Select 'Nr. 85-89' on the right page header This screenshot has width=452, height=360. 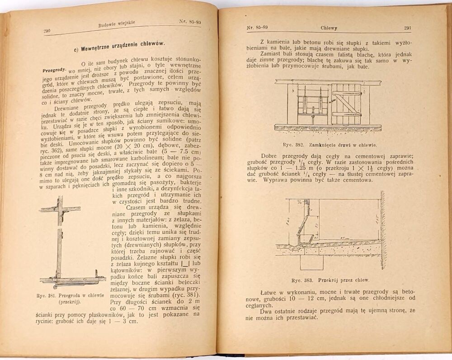(x=256, y=28)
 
